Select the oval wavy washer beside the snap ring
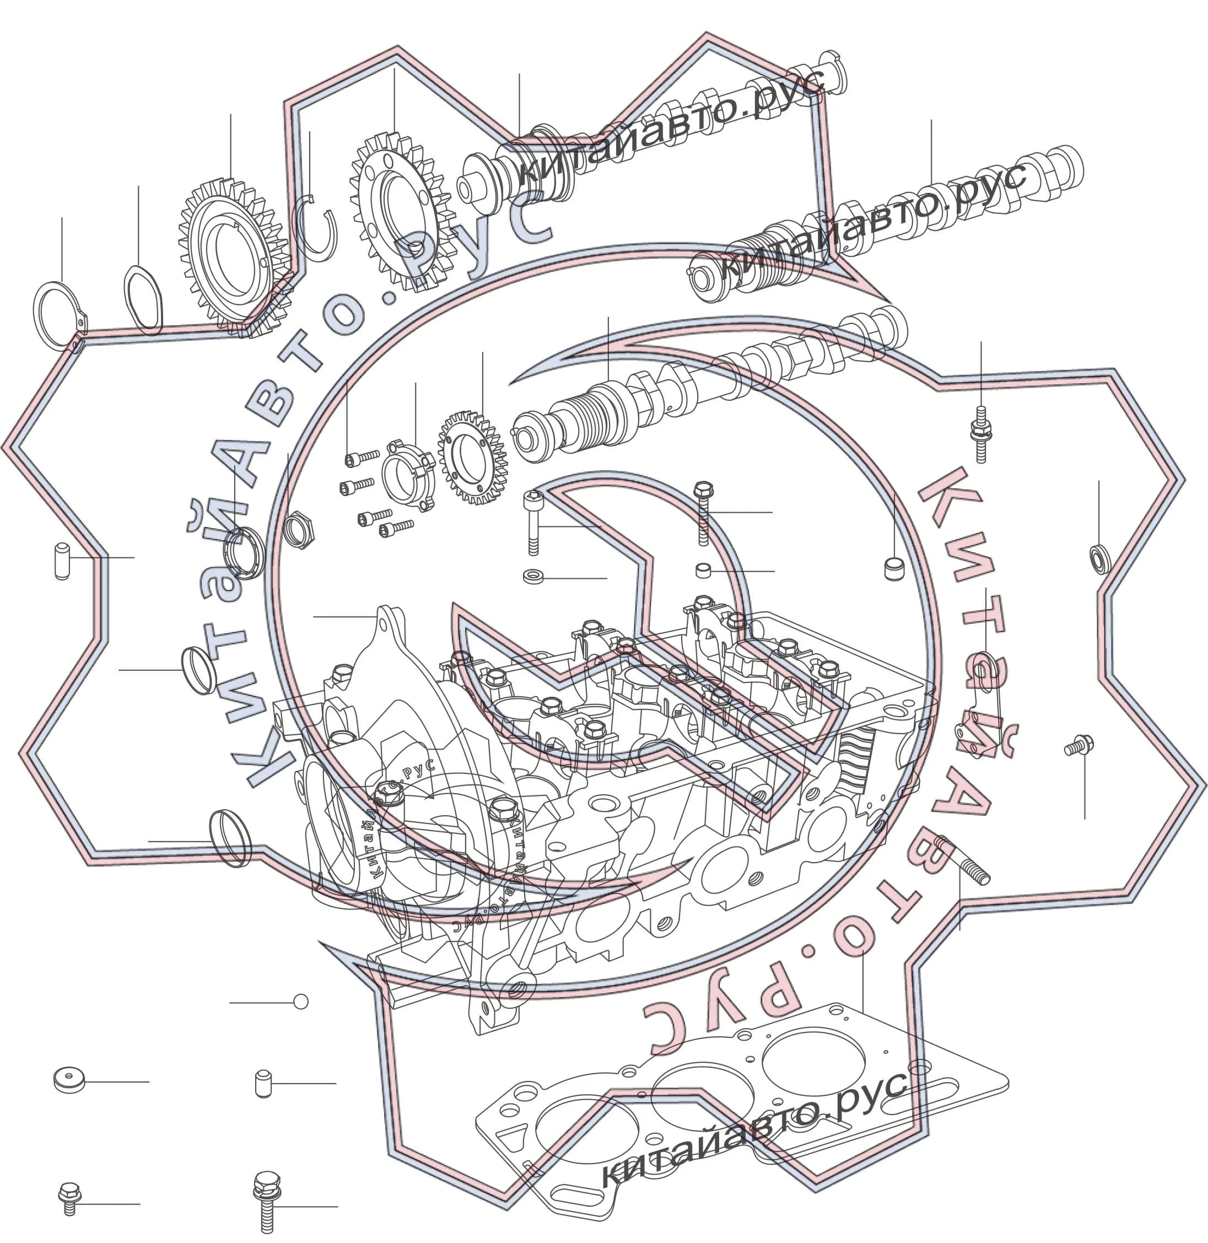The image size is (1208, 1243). (x=127, y=298)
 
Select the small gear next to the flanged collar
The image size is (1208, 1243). (x=472, y=458)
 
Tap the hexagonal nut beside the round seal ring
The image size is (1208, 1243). (x=297, y=529)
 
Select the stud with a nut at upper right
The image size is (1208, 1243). (x=981, y=435)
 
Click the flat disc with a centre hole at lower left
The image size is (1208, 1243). (x=69, y=1080)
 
